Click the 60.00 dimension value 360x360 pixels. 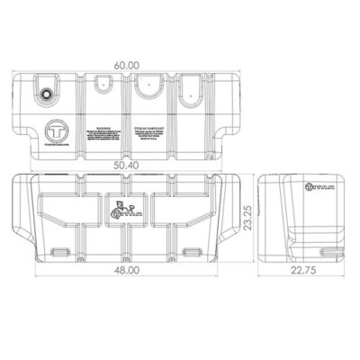(x=128, y=66)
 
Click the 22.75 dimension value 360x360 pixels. (x=303, y=292)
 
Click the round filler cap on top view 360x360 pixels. (x=46, y=93)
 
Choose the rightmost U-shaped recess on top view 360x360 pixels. (x=190, y=89)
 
